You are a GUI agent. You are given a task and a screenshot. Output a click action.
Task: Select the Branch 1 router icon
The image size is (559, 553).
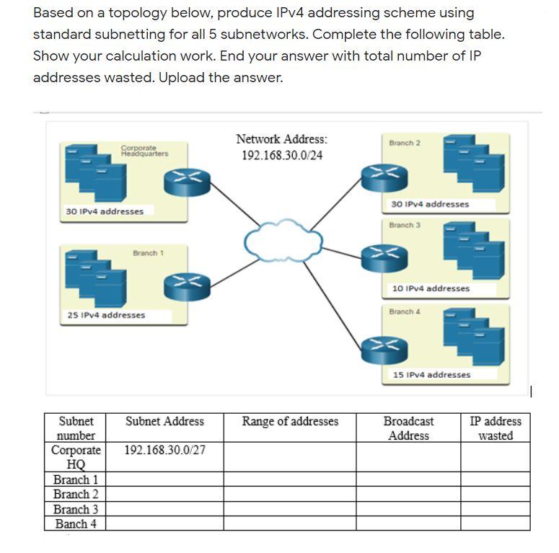pos(186,285)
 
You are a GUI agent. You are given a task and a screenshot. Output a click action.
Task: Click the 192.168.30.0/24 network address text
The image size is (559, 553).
pos(281,156)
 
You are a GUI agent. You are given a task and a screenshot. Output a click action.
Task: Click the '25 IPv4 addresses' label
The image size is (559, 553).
pos(106,315)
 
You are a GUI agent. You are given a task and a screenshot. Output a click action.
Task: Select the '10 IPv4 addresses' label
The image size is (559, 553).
pos(431,288)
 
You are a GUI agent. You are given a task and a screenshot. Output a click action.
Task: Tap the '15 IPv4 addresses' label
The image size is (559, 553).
pos(431,374)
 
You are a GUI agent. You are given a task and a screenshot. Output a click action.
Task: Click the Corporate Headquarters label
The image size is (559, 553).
pos(144,151)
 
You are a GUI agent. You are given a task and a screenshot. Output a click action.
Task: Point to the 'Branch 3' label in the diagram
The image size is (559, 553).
pos(404,226)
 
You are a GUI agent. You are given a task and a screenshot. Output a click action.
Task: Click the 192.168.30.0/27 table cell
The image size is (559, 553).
pos(164,451)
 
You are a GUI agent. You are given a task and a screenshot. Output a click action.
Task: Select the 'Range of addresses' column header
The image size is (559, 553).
pos(290,421)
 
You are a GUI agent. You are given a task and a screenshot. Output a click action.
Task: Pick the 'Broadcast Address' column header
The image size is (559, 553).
pos(408,428)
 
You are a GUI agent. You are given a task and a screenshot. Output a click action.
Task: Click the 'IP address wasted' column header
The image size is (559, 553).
pos(496,428)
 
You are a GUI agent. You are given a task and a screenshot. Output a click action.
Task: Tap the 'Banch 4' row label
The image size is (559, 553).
pos(76,524)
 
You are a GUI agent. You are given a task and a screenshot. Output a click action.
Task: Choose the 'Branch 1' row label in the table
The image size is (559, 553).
pos(76,479)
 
